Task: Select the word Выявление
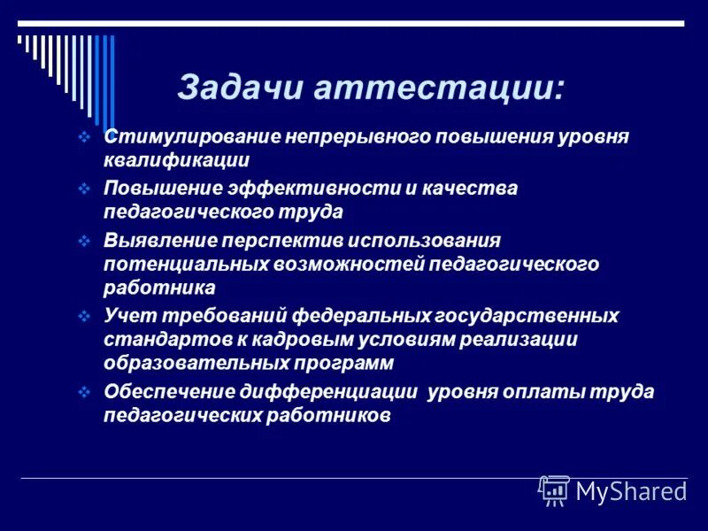[157, 241]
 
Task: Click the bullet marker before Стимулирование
[84, 138]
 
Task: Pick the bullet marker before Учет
[84, 316]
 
